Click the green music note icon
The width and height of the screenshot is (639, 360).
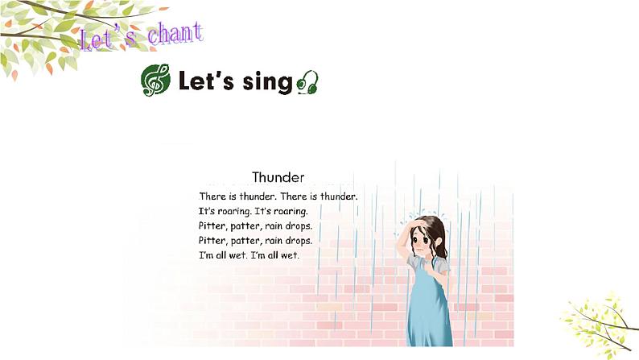(x=155, y=81)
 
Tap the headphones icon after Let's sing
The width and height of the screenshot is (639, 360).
(x=307, y=82)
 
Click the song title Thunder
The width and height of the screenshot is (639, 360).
(x=278, y=177)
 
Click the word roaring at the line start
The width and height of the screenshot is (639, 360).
(x=227, y=211)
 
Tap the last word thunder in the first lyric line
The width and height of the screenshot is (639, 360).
(x=337, y=197)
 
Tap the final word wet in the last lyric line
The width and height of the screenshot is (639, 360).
(x=289, y=255)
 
